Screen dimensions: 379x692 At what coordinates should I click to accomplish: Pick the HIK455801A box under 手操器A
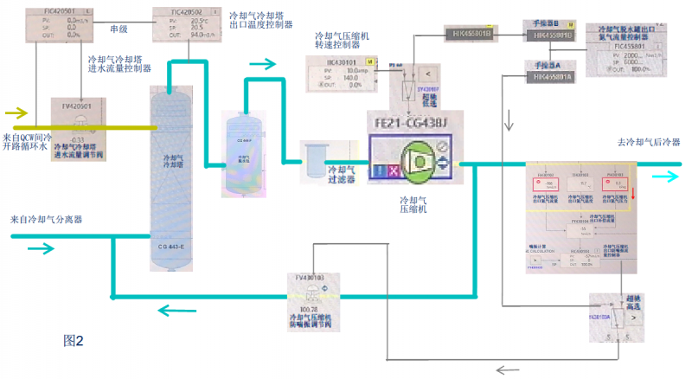[x=551, y=77]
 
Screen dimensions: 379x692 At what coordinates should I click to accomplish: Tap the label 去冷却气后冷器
[x=648, y=142]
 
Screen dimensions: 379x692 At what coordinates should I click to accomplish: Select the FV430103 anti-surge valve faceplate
[x=310, y=294]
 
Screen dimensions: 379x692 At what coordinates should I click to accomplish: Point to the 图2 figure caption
[x=73, y=340]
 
